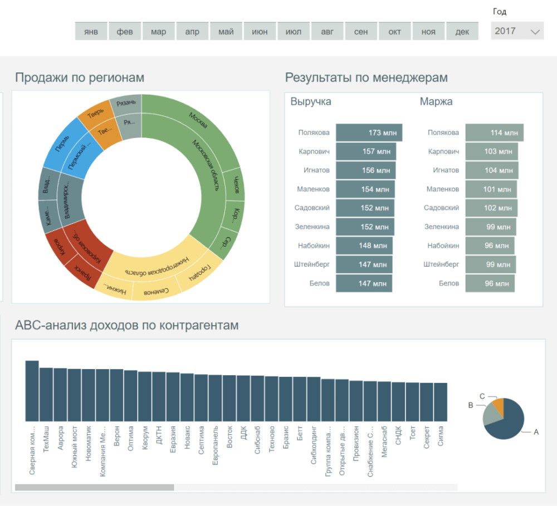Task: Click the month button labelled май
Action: click(x=226, y=32)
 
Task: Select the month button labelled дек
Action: click(x=462, y=32)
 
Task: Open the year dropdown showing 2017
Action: click(x=517, y=31)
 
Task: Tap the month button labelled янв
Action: click(x=91, y=32)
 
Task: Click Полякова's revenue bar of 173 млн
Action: click(x=369, y=133)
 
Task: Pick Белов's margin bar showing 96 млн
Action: click(x=490, y=283)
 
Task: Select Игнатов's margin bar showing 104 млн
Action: click(x=491, y=170)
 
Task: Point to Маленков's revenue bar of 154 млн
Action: click(x=365, y=189)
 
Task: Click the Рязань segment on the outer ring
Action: click(x=126, y=103)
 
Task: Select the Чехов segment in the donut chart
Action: click(x=236, y=184)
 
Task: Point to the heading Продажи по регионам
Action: click(x=80, y=78)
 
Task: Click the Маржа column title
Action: click(x=436, y=102)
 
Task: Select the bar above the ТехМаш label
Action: click(x=46, y=394)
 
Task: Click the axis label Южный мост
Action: click(x=75, y=445)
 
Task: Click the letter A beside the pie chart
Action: click(x=536, y=432)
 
